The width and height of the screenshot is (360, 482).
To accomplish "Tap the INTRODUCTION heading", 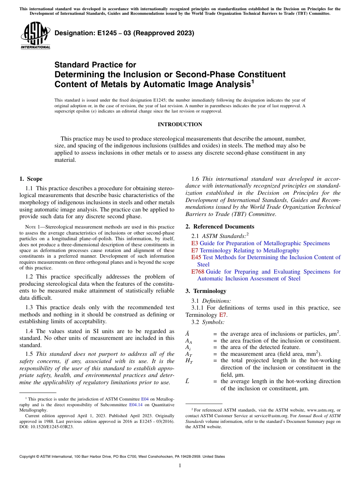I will [180, 124].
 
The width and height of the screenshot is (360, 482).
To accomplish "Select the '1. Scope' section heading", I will [31, 179].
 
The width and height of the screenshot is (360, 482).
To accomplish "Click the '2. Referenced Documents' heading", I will [220, 227].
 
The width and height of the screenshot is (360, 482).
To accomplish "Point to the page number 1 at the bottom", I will [180, 465].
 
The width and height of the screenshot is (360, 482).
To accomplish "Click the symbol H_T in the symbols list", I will [189, 361].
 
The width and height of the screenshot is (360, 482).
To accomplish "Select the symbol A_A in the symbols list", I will [188, 341].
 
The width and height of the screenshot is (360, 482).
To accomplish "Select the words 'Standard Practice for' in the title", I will [95, 65].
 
